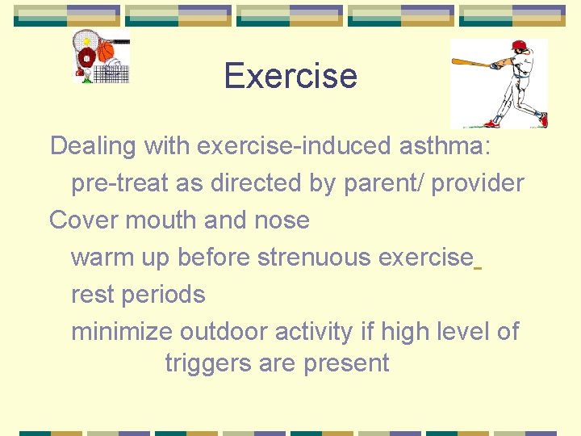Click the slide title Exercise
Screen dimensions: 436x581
pyautogui.click(x=290, y=76)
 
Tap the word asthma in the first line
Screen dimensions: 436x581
pyautogui.click(x=450, y=146)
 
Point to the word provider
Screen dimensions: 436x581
pyautogui.click(x=478, y=183)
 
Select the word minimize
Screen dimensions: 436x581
pyautogui.click(x=122, y=331)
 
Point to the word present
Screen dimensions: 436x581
pyautogui.click(x=347, y=363)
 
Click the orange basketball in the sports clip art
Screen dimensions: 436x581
pyautogui.click(x=106, y=52)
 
